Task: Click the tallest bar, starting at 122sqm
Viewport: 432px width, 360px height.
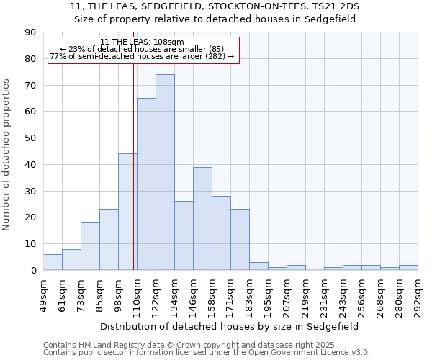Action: point(165,172)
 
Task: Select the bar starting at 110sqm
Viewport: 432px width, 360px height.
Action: point(146,184)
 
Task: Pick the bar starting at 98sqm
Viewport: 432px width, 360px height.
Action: point(127,212)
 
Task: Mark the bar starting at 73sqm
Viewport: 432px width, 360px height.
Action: point(90,246)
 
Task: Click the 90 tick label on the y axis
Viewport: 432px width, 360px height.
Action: point(30,32)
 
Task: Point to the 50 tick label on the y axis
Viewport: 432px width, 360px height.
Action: point(30,138)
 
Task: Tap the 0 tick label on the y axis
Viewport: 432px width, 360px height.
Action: point(33,270)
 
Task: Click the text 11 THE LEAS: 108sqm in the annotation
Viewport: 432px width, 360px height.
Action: point(143,42)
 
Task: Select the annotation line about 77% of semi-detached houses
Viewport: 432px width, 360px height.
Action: point(143,56)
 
